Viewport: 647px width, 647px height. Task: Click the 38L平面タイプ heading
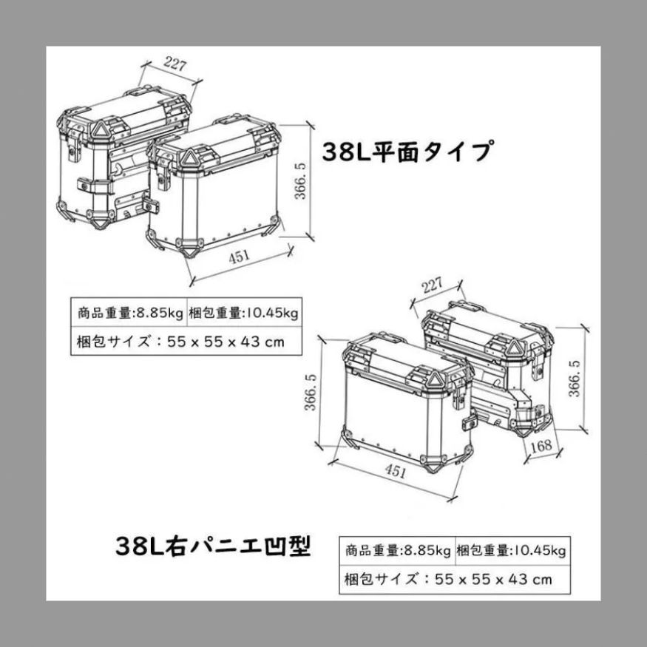pyautogui.click(x=407, y=151)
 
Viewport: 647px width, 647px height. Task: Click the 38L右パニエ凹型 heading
pyautogui.click(x=212, y=546)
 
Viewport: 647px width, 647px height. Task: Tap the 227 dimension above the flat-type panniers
pyautogui.click(x=175, y=64)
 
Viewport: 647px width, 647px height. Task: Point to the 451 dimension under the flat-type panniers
pyautogui.click(x=240, y=257)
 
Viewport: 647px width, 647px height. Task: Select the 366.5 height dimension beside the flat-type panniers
pyautogui.click(x=300, y=180)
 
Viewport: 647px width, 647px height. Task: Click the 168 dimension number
pyautogui.click(x=541, y=446)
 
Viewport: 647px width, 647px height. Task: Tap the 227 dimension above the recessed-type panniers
pyautogui.click(x=432, y=285)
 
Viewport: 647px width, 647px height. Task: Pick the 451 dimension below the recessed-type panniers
pyautogui.click(x=395, y=470)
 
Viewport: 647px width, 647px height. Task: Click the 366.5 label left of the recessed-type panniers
pyautogui.click(x=311, y=392)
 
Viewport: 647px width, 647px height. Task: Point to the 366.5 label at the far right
pyautogui.click(x=575, y=379)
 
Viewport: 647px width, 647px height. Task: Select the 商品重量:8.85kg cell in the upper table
pyautogui.click(x=129, y=314)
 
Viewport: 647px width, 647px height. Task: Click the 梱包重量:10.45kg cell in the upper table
pyautogui.click(x=243, y=314)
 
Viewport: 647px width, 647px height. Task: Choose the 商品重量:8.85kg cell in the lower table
pyautogui.click(x=397, y=551)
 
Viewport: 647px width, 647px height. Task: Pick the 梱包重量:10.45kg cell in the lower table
pyautogui.click(x=511, y=551)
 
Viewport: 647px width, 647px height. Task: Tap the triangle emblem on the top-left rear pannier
pyautogui.click(x=99, y=130)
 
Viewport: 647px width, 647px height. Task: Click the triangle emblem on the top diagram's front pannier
pyautogui.click(x=189, y=157)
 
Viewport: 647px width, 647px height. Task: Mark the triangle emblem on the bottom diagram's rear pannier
pyautogui.click(x=513, y=347)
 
